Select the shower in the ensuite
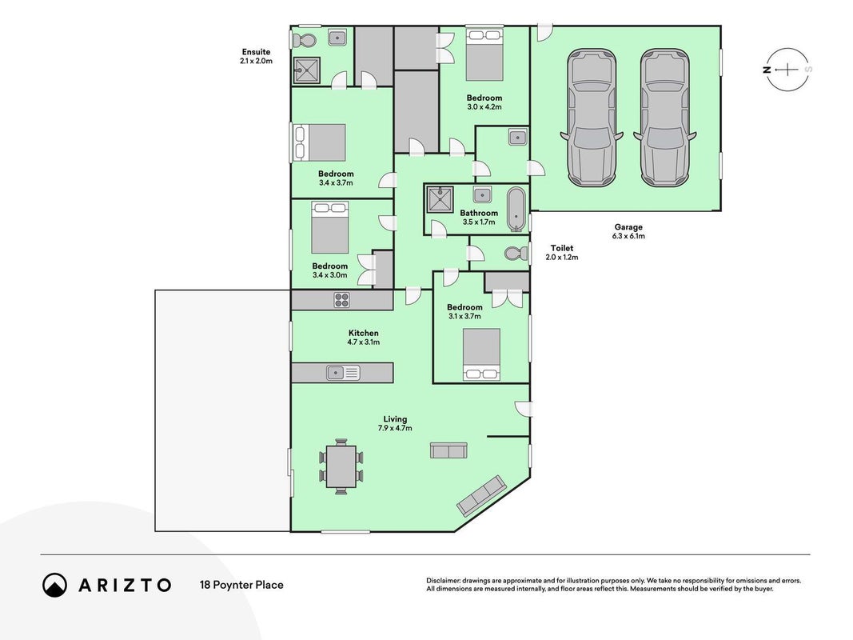(x=307, y=69)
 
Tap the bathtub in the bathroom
(x=516, y=210)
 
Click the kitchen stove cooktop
(x=341, y=300)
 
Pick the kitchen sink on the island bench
(x=343, y=373)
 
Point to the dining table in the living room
(x=341, y=466)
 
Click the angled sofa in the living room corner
(x=482, y=495)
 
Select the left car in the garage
(x=592, y=118)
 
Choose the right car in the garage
(x=665, y=118)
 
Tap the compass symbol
(x=787, y=70)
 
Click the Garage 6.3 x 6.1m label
(x=628, y=231)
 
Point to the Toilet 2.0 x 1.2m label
(x=562, y=253)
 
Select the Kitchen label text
(x=364, y=333)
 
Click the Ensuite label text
(x=257, y=52)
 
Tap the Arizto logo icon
(x=55, y=585)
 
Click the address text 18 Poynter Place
(x=241, y=585)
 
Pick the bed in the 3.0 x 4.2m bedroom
(x=484, y=55)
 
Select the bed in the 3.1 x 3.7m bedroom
(x=481, y=354)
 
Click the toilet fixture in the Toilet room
(x=516, y=254)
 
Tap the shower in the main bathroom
(x=440, y=199)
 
